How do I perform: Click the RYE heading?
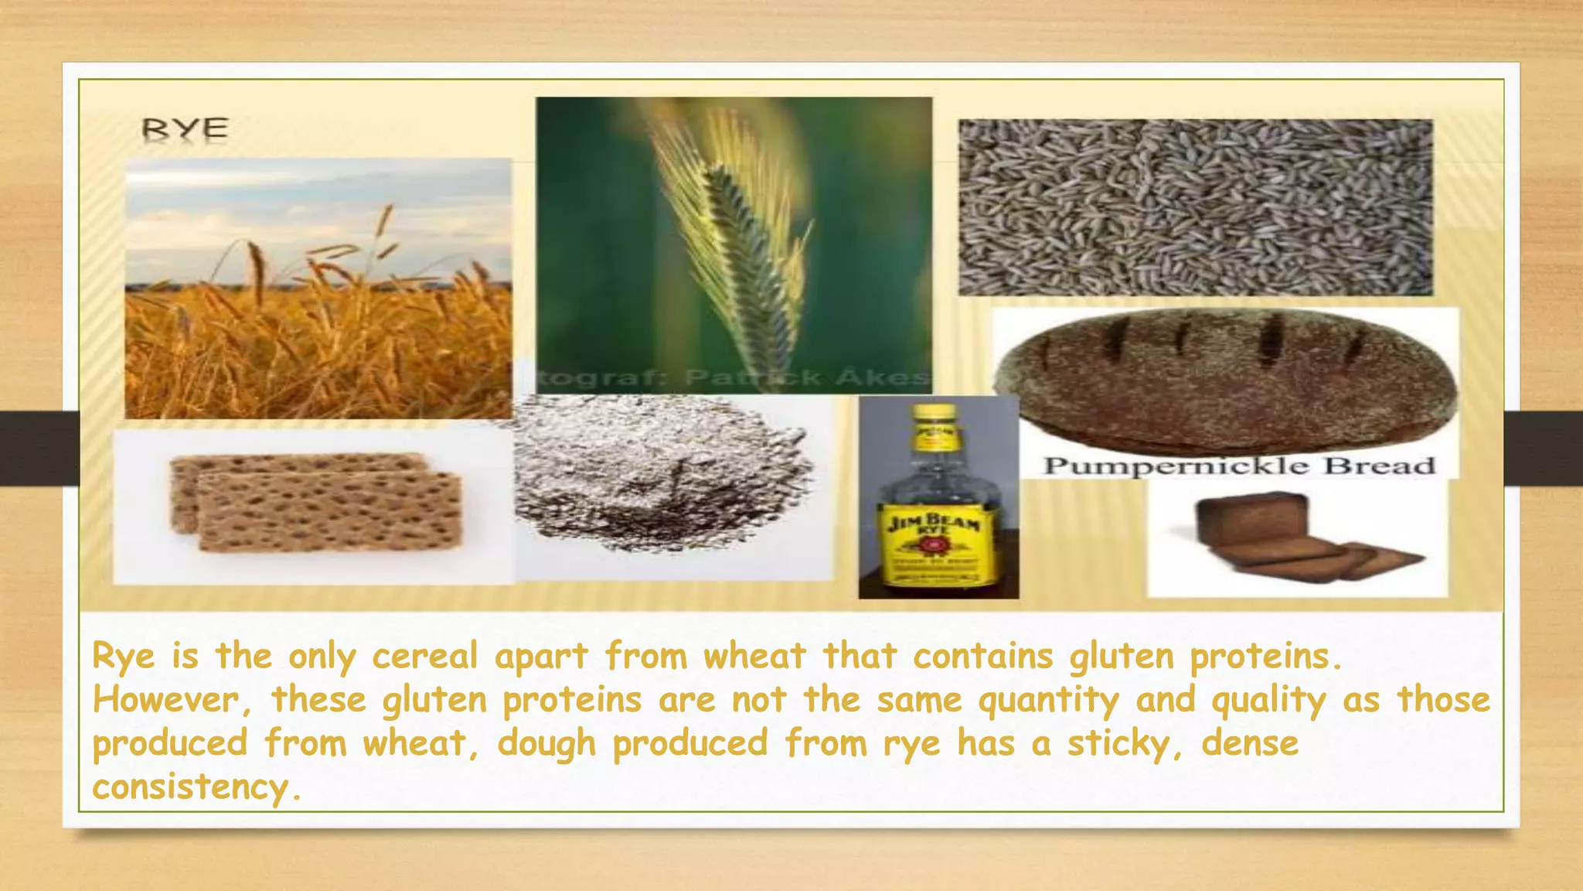[185, 129]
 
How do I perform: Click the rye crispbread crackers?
[317, 503]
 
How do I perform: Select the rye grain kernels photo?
[1195, 207]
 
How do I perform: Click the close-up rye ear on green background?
[734, 240]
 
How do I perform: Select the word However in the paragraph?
[166, 701]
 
